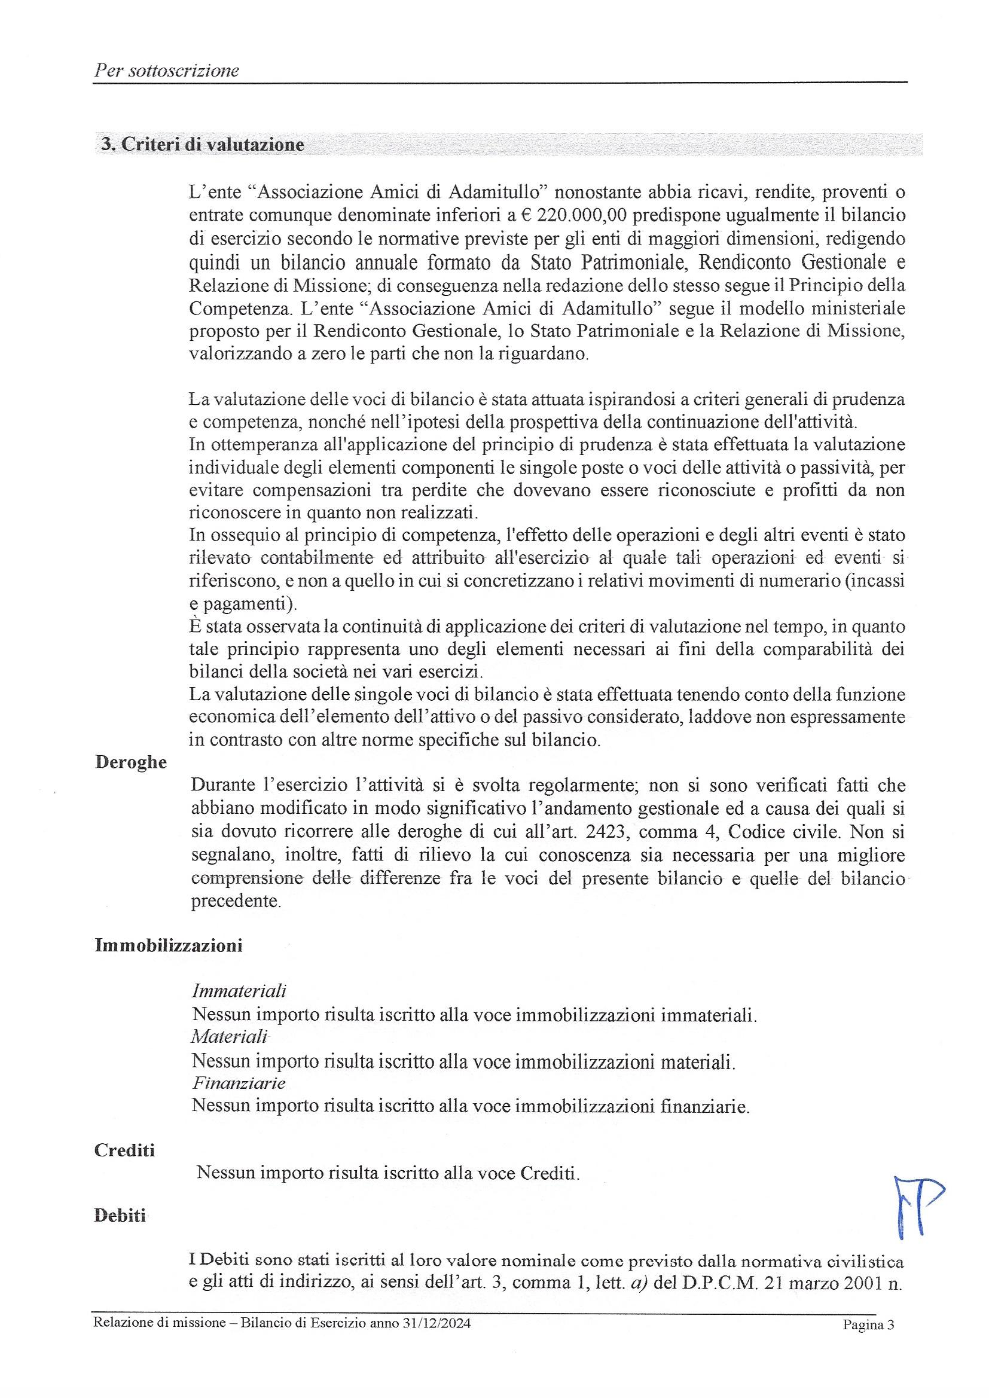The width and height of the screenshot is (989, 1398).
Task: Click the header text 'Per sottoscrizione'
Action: (166, 71)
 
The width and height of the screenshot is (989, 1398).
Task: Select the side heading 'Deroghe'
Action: (131, 762)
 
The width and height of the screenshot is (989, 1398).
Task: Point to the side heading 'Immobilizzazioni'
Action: (169, 945)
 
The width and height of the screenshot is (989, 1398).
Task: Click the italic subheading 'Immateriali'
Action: (239, 991)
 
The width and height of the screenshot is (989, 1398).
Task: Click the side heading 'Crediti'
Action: (125, 1150)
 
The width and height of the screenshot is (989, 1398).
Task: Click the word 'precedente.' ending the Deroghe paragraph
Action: (236, 901)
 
